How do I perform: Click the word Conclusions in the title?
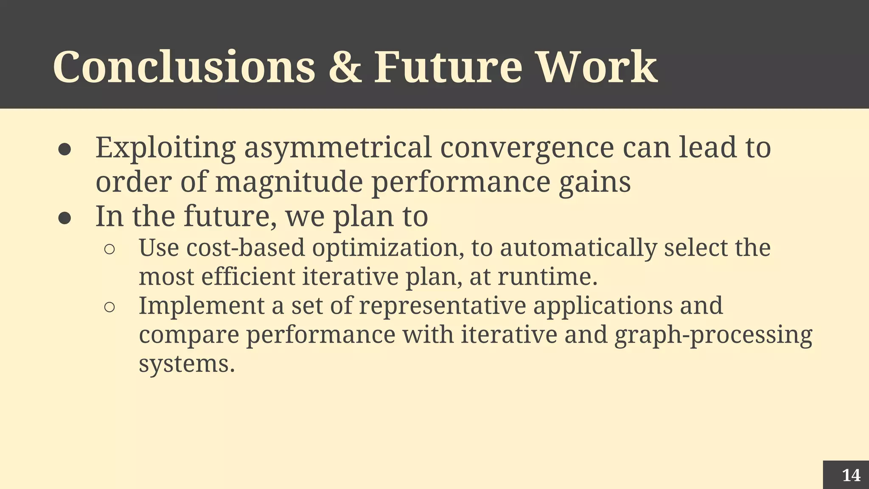(184, 67)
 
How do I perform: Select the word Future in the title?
(448, 67)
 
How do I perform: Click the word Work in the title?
(598, 67)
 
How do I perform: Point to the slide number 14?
(851, 475)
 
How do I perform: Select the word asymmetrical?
(337, 148)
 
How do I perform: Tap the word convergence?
(527, 148)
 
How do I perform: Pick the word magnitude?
(289, 182)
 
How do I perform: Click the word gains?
(594, 182)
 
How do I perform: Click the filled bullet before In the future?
(64, 218)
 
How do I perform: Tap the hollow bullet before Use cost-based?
(109, 250)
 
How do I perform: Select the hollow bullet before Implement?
(109, 307)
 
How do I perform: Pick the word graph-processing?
(713, 334)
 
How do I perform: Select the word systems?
(187, 364)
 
